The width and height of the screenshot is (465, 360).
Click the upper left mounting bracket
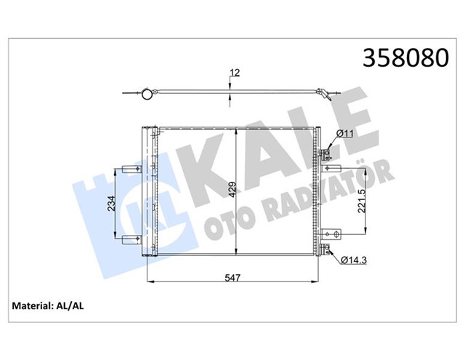tap(132, 168)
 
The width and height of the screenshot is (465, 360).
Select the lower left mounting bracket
tap(132, 240)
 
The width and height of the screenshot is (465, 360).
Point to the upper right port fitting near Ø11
tap(325, 153)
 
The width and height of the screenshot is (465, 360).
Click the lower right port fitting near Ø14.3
tap(325, 252)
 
